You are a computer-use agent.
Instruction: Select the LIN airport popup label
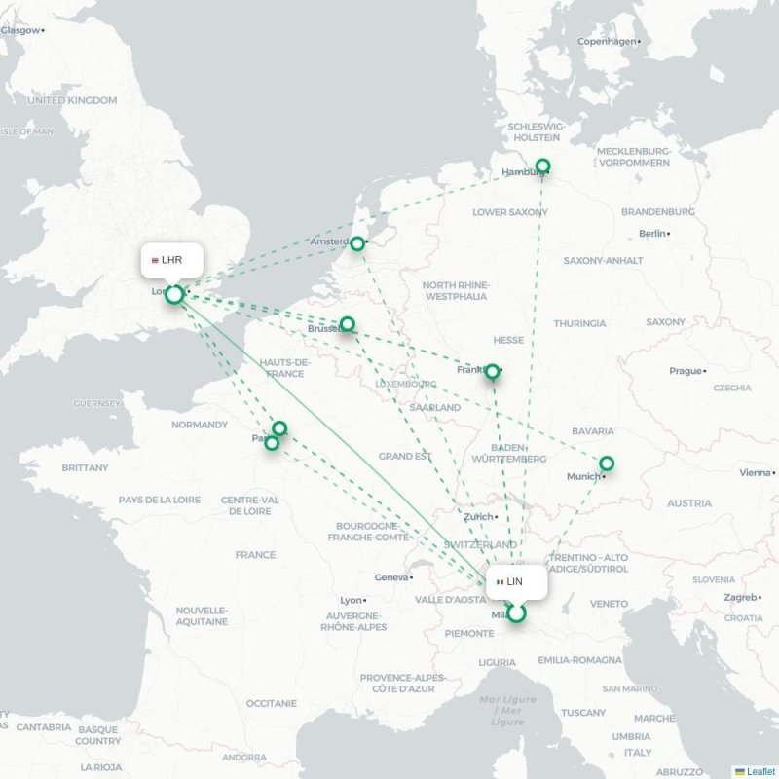pyautogui.click(x=516, y=581)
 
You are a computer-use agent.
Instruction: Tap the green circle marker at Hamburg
pyautogui.click(x=543, y=166)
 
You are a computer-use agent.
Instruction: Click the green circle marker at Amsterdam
pyautogui.click(x=357, y=243)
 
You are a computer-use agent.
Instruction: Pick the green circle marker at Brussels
pyautogui.click(x=347, y=324)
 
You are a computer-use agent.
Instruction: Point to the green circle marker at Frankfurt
pyautogui.click(x=493, y=371)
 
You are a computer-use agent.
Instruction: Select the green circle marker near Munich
pyautogui.click(x=607, y=464)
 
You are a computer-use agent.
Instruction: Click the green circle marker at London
pyautogui.click(x=173, y=294)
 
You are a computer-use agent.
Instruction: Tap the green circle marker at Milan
pyautogui.click(x=516, y=613)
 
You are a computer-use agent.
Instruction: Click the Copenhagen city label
pyautogui.click(x=607, y=41)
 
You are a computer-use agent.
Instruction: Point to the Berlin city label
pyautogui.click(x=651, y=234)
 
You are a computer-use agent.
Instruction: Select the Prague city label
pyautogui.click(x=685, y=371)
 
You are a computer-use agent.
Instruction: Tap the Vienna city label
pyautogui.click(x=755, y=472)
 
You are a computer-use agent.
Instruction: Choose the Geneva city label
pyautogui.click(x=392, y=577)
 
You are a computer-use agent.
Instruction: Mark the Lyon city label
pyautogui.click(x=351, y=600)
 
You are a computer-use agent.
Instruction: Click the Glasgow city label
pyautogui.click(x=20, y=30)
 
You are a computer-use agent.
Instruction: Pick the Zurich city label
pyautogui.click(x=478, y=517)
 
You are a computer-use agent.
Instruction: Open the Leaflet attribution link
pyautogui.click(x=760, y=771)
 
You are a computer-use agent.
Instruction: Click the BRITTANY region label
pyautogui.click(x=85, y=467)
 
